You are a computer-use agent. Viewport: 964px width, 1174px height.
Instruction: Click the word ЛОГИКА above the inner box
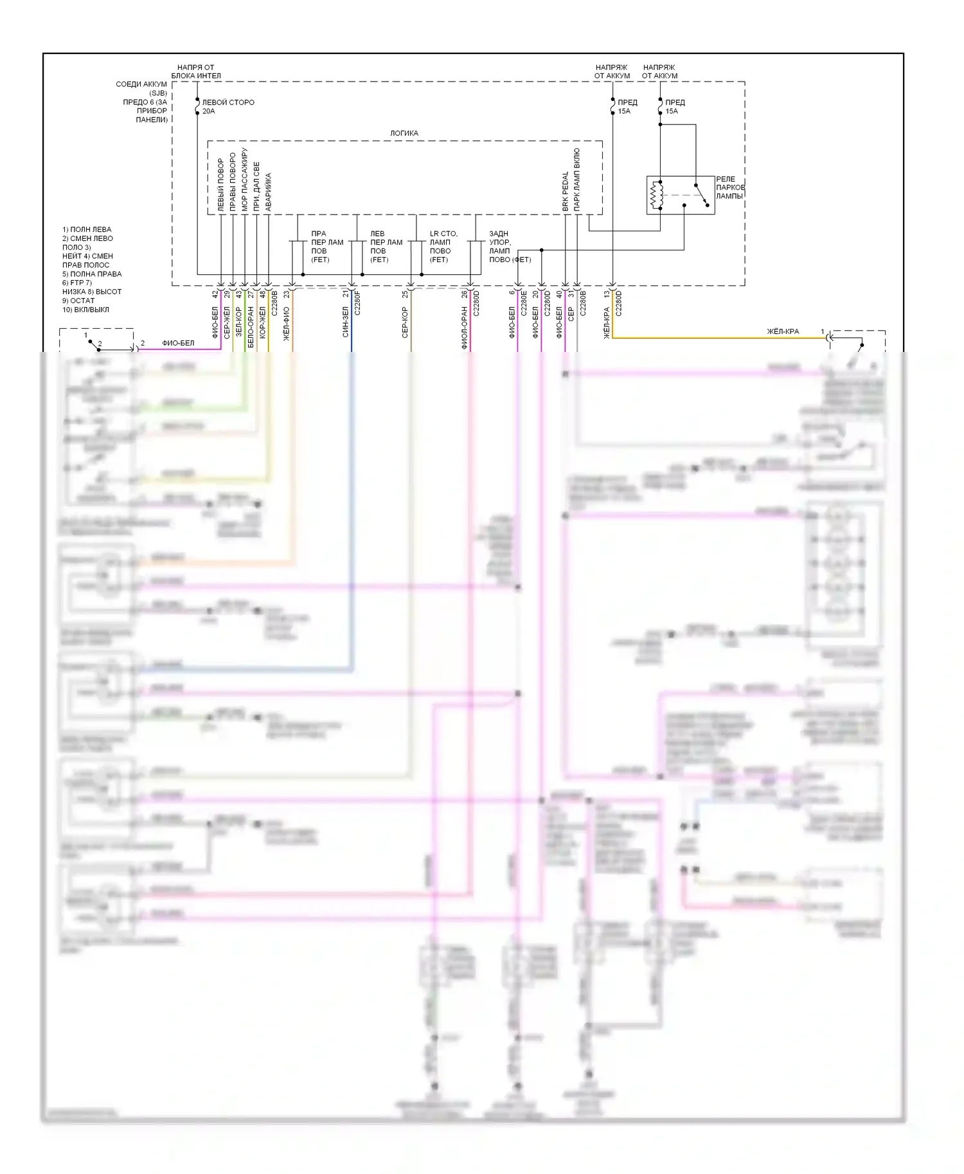[x=404, y=133]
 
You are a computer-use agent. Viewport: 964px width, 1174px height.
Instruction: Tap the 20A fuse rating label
[x=209, y=111]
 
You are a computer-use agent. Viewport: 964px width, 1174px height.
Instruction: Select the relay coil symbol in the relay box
[x=656, y=195]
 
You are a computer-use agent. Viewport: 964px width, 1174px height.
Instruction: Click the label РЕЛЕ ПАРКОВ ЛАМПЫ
[x=729, y=188]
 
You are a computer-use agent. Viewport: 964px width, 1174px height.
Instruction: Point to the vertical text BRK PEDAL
[x=566, y=191]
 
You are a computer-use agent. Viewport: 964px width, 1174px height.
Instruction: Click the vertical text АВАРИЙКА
[x=268, y=191]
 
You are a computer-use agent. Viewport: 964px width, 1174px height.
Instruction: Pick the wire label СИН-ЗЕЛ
[x=346, y=322]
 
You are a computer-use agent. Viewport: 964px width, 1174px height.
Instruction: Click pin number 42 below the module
[x=215, y=294]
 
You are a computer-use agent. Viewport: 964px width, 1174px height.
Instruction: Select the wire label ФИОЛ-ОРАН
[x=464, y=328]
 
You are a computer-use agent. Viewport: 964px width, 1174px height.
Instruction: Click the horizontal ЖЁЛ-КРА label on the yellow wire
[x=783, y=331]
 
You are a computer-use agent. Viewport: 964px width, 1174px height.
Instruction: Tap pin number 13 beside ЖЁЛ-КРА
[x=607, y=294]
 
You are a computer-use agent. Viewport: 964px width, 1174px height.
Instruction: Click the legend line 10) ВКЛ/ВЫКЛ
[x=85, y=310]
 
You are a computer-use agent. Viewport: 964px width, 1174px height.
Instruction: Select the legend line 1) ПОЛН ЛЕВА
[x=87, y=229]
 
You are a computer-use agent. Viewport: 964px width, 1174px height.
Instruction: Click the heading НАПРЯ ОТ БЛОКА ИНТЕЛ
[x=196, y=71]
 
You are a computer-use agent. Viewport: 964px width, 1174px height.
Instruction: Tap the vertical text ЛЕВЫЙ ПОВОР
[x=221, y=185]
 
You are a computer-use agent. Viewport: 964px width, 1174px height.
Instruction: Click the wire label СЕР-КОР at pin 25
[x=405, y=322]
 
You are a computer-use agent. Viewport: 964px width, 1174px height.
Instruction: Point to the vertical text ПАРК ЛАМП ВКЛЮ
[x=577, y=180]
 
